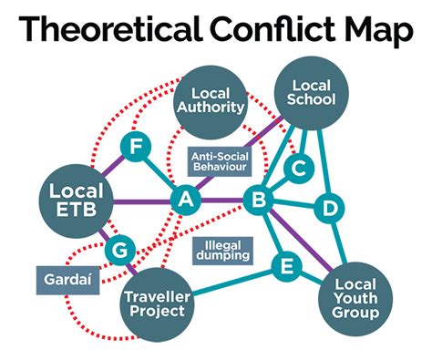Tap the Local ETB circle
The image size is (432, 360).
pos(76,201)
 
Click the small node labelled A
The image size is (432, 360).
pos(186,200)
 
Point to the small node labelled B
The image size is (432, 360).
pos(259,200)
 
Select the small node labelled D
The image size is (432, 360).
pos(330,209)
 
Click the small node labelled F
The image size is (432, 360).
pos(136,147)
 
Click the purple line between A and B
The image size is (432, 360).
pos(222,200)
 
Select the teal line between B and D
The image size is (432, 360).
pos(295,204)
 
